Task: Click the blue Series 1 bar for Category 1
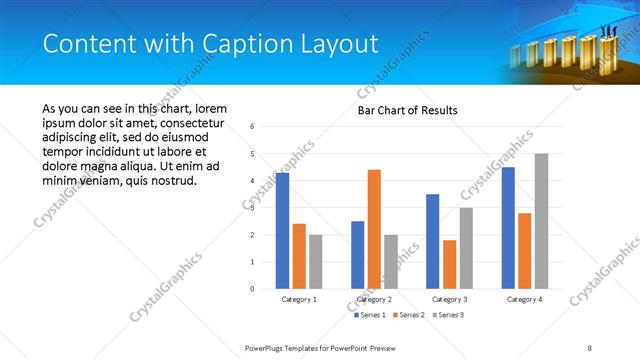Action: tap(283, 230)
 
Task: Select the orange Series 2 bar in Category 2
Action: tap(374, 229)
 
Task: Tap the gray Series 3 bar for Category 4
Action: tap(541, 221)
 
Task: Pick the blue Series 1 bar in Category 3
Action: tap(432, 241)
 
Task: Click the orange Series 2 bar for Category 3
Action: tap(449, 264)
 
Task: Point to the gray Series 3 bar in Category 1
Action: tap(316, 261)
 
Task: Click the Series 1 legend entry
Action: tap(371, 315)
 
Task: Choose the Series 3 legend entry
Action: tap(446, 315)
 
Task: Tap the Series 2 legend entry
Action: tap(408, 315)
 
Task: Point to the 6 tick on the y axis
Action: tap(252, 127)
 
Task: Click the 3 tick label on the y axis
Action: tap(252, 208)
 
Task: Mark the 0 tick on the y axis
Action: tap(252, 289)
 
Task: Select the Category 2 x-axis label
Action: tap(374, 299)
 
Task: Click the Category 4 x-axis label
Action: tap(524, 299)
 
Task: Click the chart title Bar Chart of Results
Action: tap(408, 110)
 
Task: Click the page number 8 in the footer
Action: tap(590, 347)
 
